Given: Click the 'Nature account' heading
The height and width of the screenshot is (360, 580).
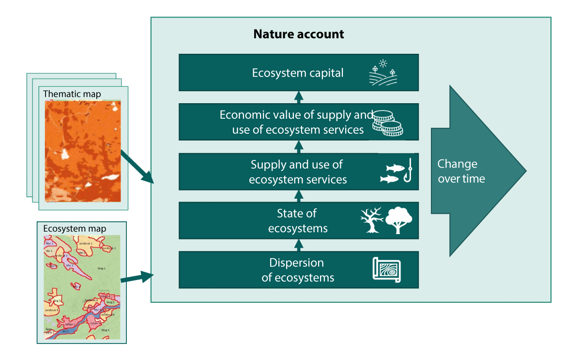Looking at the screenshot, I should [299, 34].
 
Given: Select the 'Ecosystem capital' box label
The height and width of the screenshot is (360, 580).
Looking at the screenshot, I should [298, 73].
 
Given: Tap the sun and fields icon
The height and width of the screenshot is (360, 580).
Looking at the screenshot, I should [382, 73].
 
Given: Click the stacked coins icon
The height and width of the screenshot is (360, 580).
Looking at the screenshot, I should [387, 124].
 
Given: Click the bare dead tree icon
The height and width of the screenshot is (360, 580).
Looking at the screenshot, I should [371, 220].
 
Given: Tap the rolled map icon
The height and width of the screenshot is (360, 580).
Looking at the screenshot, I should [387, 270].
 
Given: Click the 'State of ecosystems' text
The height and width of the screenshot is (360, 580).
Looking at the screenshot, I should [297, 221].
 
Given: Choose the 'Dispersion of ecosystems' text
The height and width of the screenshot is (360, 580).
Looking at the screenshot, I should [297, 270].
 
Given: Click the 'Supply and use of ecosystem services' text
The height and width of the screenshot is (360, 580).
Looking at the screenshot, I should [297, 172].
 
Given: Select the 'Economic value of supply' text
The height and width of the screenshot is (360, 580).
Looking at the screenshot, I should [296, 115].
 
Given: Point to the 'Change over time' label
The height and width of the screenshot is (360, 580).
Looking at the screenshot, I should [461, 172].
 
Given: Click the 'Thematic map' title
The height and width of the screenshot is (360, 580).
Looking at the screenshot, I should [72, 94].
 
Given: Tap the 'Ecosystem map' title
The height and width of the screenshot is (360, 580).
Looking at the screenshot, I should [75, 229].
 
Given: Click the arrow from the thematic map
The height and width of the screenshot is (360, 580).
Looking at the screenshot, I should [137, 168].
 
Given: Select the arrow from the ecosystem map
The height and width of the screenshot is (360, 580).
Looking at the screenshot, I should [137, 278].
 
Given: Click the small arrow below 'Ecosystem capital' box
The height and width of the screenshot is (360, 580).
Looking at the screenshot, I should [299, 96].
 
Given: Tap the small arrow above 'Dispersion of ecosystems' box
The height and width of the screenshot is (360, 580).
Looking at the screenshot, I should [299, 245].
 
